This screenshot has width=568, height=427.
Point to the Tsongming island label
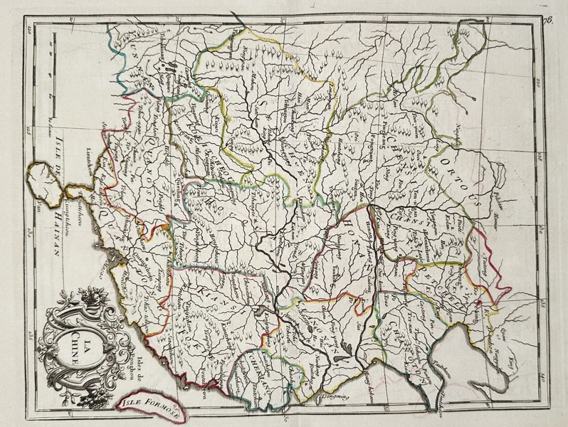coord(329,396)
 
